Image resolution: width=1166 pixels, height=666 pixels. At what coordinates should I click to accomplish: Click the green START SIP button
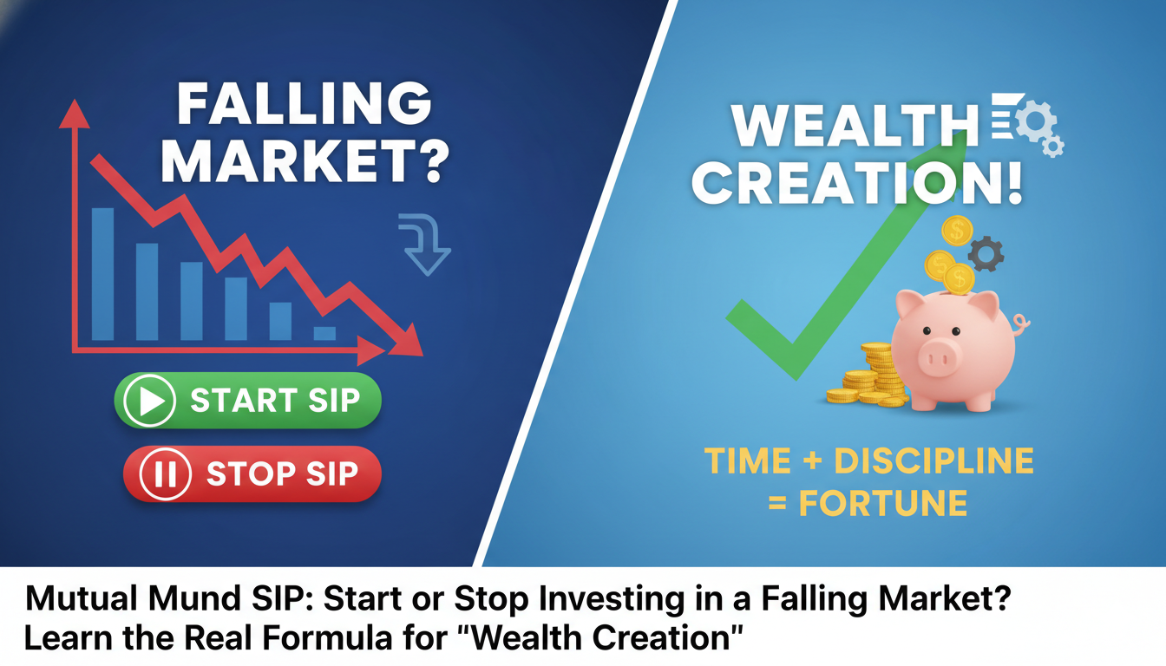(248, 401)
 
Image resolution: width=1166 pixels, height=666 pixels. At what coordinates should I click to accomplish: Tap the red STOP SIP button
(252, 474)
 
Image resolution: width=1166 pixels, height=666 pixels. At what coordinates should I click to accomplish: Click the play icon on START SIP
(150, 402)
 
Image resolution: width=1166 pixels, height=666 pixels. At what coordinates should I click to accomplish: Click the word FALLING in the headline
(304, 105)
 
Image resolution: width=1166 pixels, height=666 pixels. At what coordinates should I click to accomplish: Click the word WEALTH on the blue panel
(854, 126)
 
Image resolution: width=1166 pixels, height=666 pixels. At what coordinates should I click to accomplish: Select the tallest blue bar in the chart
(102, 273)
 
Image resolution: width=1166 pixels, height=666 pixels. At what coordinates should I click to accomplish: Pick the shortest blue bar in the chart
(324, 332)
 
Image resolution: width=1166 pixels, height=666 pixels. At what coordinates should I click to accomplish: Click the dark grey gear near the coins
(985, 254)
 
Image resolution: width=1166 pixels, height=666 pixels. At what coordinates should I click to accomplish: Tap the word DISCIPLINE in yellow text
(933, 461)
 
